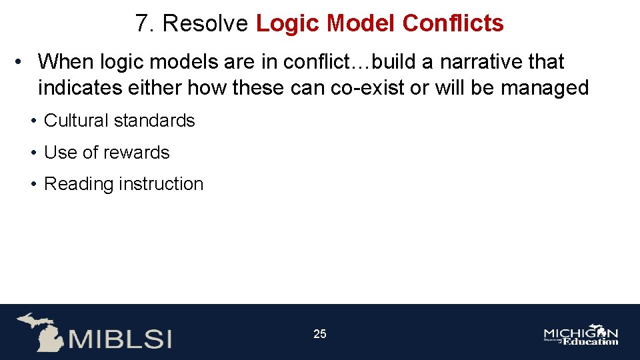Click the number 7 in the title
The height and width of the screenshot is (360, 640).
(141, 24)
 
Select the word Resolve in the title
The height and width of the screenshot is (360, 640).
(205, 24)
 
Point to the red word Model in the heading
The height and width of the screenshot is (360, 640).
(358, 24)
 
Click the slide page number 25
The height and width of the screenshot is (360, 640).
(320, 334)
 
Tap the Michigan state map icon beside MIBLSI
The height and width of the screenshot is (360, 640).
(40, 331)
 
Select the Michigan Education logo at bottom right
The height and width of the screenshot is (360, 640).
(581, 335)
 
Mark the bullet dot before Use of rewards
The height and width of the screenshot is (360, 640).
(33, 153)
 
